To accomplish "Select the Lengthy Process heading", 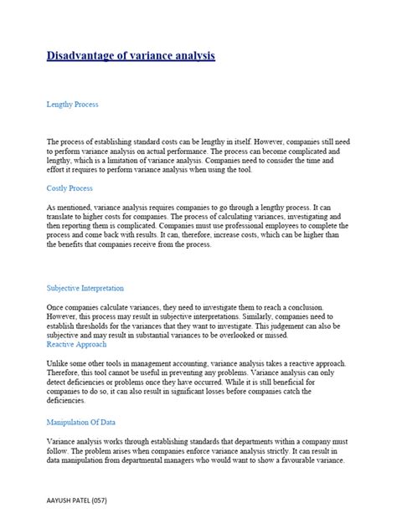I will (x=73, y=105).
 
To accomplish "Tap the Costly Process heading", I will (x=70, y=189).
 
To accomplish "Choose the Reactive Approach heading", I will (x=77, y=344).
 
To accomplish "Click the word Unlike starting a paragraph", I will (x=59, y=360).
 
